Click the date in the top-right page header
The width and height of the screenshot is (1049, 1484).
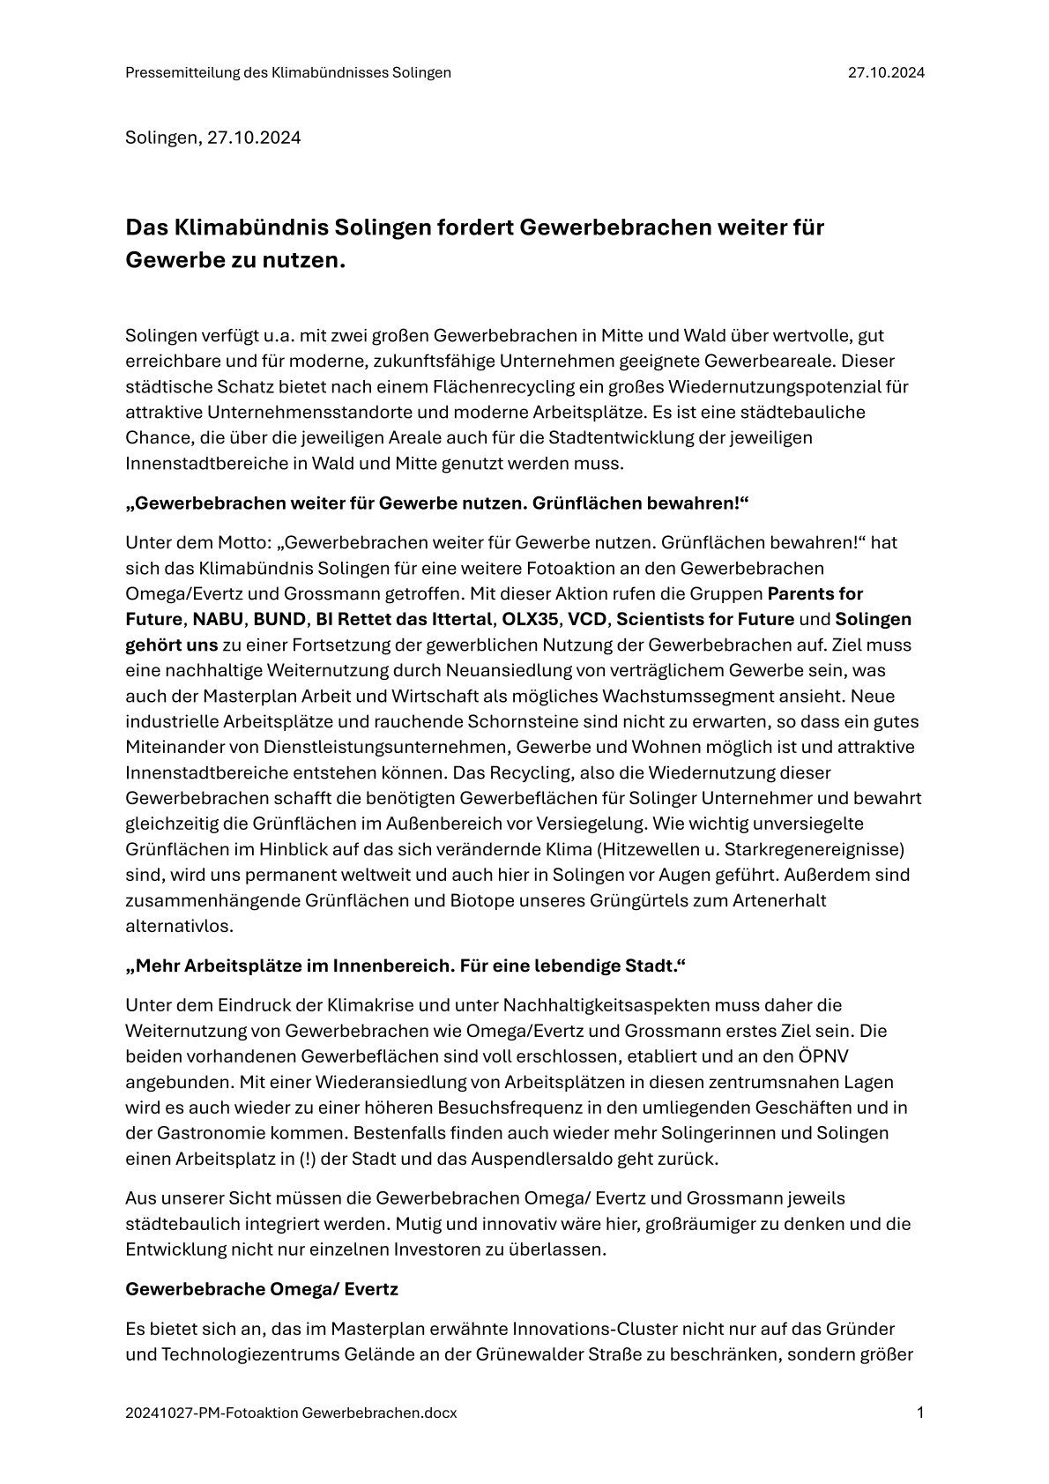point(886,73)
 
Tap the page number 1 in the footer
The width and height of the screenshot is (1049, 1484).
point(920,1413)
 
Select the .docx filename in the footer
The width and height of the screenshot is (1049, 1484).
point(291,1413)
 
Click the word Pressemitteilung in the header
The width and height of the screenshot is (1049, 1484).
point(182,73)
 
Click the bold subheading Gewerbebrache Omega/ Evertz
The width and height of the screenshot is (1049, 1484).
point(262,1289)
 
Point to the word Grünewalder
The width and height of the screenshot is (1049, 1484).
point(535,1353)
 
